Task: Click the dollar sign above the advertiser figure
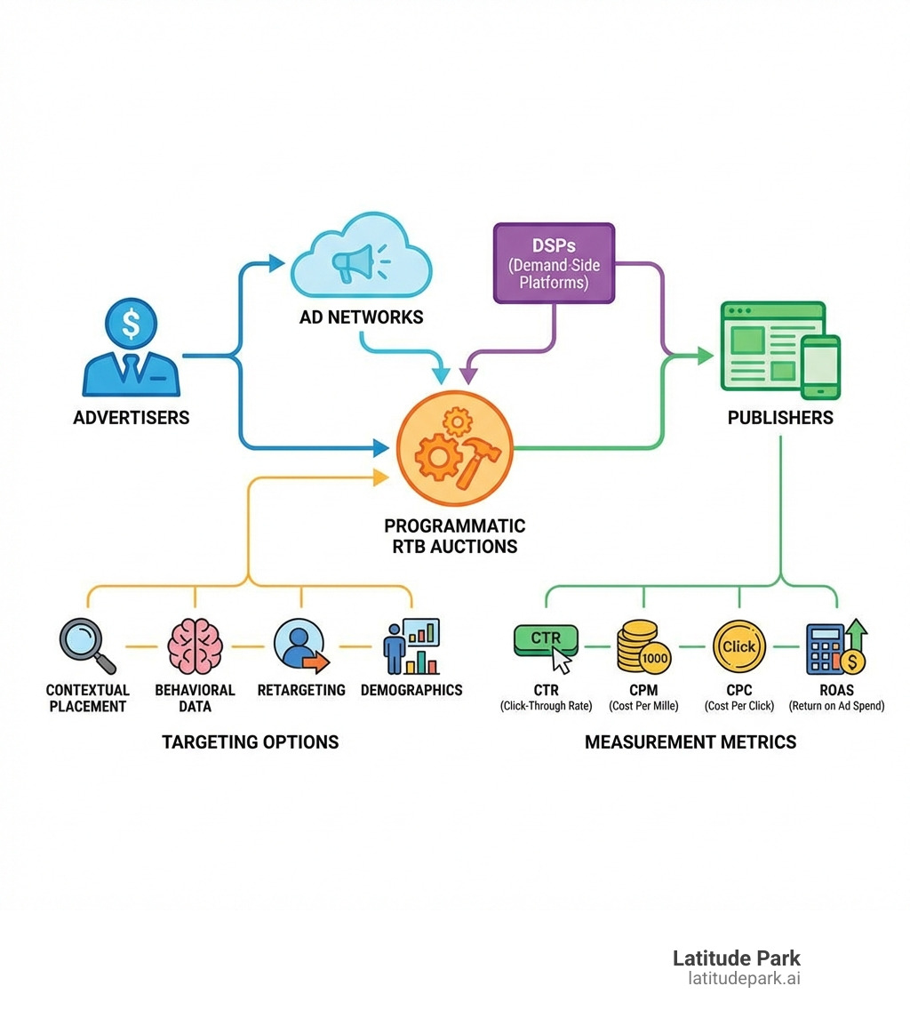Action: click(131, 323)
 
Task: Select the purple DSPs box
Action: click(554, 262)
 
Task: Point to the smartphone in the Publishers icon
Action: click(820, 366)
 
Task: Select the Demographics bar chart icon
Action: click(412, 646)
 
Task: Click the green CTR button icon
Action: click(546, 641)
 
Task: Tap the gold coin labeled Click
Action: click(738, 646)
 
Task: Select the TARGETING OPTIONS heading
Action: click(250, 742)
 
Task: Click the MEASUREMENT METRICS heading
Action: click(690, 742)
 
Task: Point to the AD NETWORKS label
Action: click(361, 317)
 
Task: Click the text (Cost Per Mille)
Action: click(643, 706)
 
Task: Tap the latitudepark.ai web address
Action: click(744, 979)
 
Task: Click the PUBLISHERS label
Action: click(780, 418)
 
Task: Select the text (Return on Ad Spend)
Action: click(836, 706)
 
